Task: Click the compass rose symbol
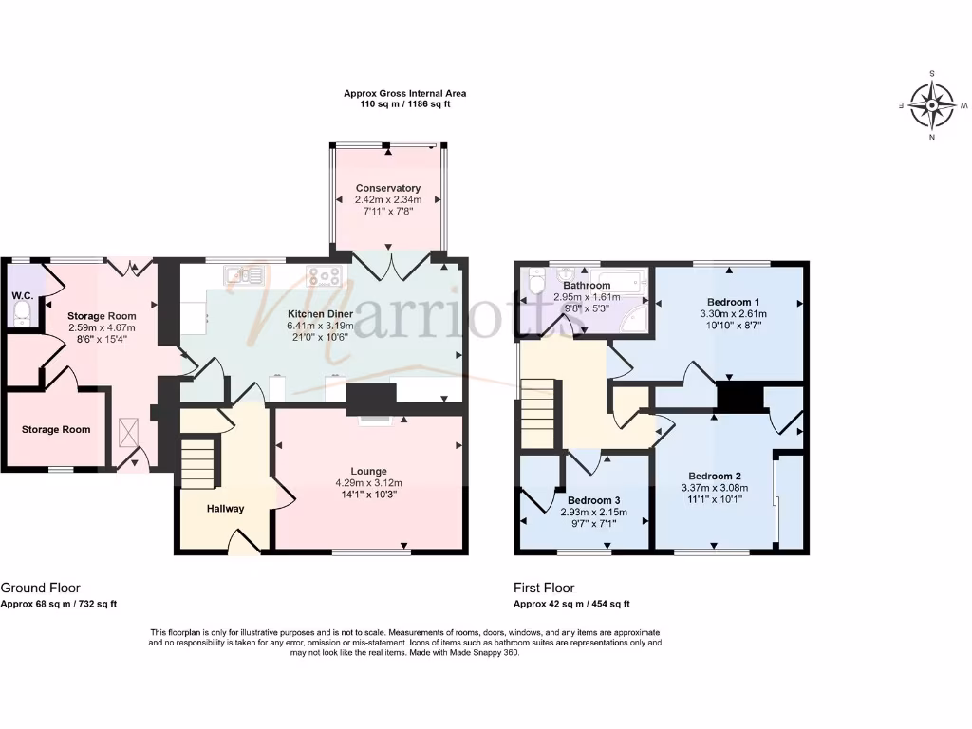pyautogui.click(x=932, y=104)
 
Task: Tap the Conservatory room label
pyautogui.click(x=388, y=188)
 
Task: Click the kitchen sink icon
pyautogui.click(x=243, y=276)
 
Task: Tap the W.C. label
pyautogui.click(x=23, y=295)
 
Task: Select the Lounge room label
pyautogui.click(x=368, y=471)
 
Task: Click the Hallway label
pyautogui.click(x=225, y=509)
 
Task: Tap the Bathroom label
pyautogui.click(x=586, y=285)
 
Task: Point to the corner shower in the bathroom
pyautogui.click(x=634, y=322)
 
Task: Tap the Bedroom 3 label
pyautogui.click(x=594, y=500)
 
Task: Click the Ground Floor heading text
pyautogui.click(x=34, y=589)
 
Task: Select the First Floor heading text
pyautogui.click(x=544, y=589)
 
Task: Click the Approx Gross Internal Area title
pyautogui.click(x=404, y=94)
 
